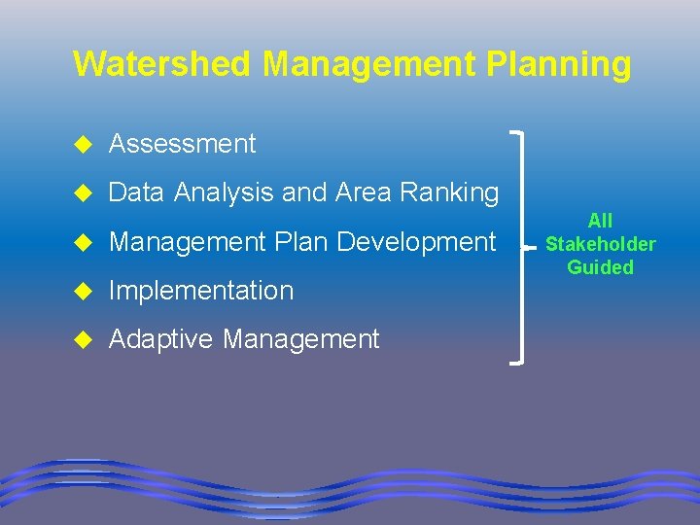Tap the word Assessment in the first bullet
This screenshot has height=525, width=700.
(x=182, y=144)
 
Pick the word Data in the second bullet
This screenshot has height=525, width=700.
(x=137, y=192)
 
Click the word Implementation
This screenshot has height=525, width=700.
(x=201, y=290)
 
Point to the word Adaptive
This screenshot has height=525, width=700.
(x=161, y=339)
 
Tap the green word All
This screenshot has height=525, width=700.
(x=600, y=221)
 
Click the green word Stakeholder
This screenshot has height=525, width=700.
(x=600, y=244)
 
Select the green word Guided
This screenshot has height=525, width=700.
(x=600, y=267)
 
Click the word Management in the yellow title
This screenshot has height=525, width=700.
(x=367, y=64)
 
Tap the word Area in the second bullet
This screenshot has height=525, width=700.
(x=362, y=192)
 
